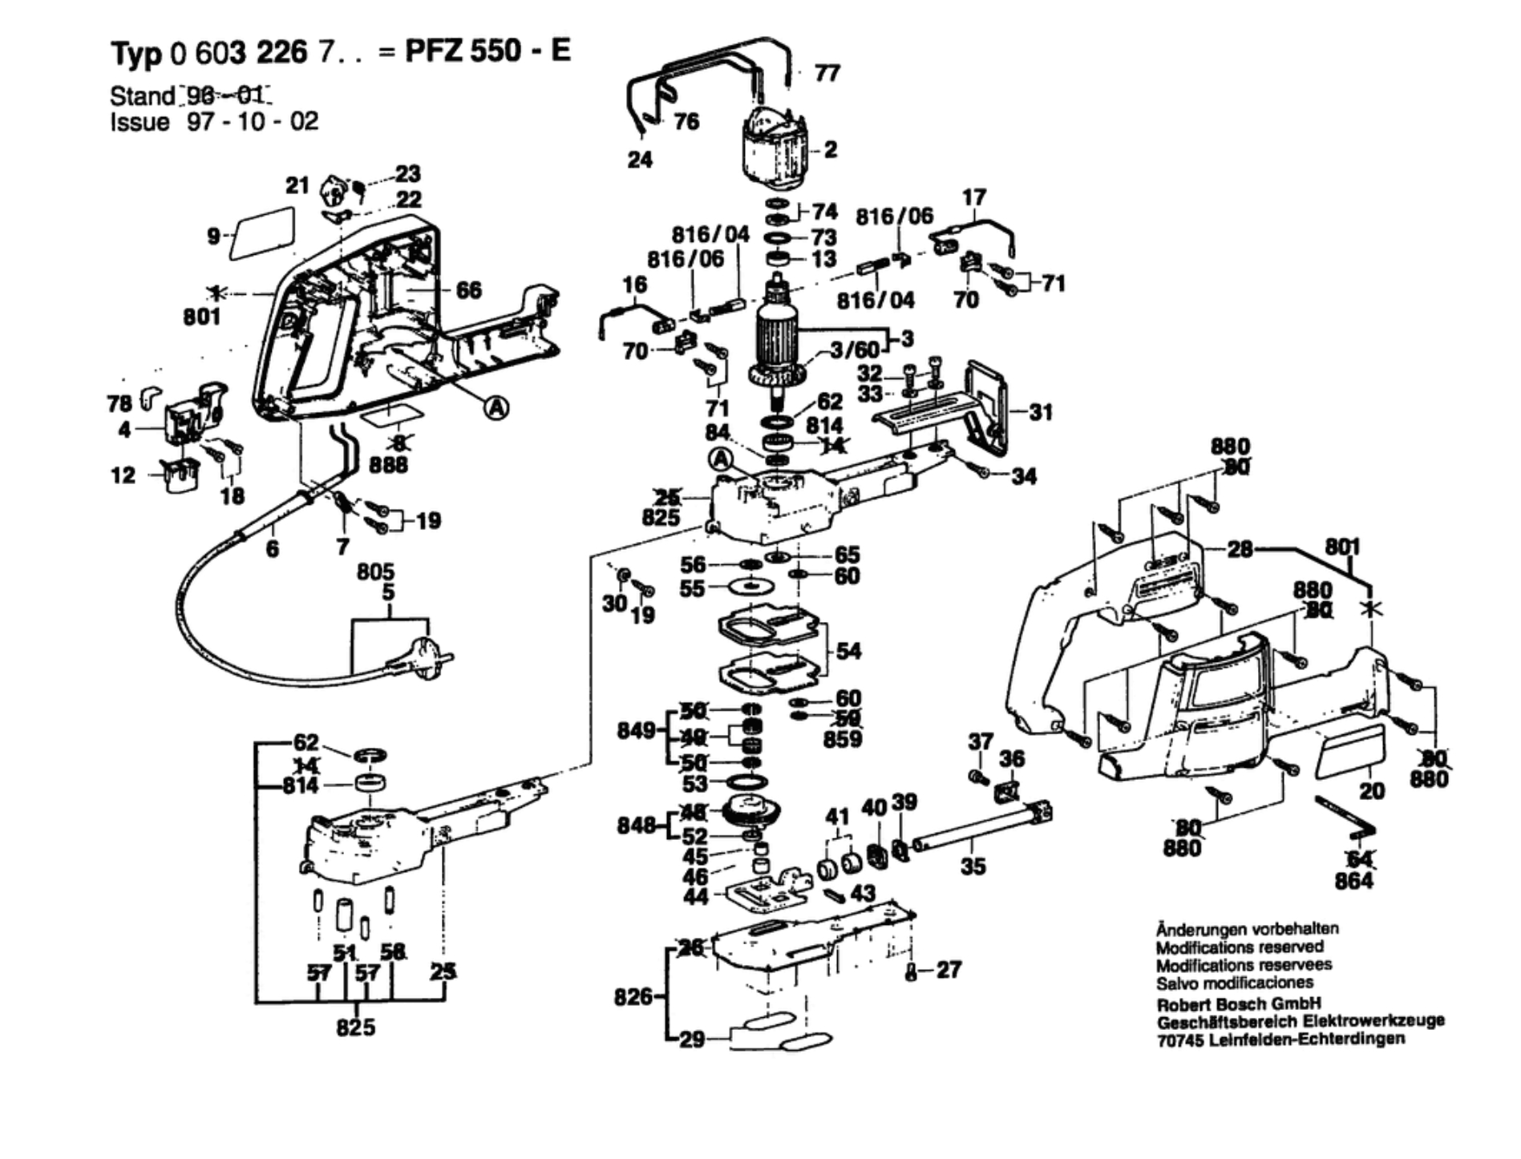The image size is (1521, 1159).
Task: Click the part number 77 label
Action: click(827, 73)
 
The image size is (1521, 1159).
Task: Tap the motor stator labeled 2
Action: click(773, 152)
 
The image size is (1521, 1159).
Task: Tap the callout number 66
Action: click(469, 289)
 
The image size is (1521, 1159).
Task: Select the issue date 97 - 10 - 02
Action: click(253, 122)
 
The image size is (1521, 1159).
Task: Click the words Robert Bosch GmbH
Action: click(1238, 1004)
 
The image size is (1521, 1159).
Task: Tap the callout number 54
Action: click(848, 650)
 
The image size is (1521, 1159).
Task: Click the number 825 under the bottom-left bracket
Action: click(356, 1027)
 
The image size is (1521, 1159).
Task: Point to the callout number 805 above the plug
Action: click(375, 571)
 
